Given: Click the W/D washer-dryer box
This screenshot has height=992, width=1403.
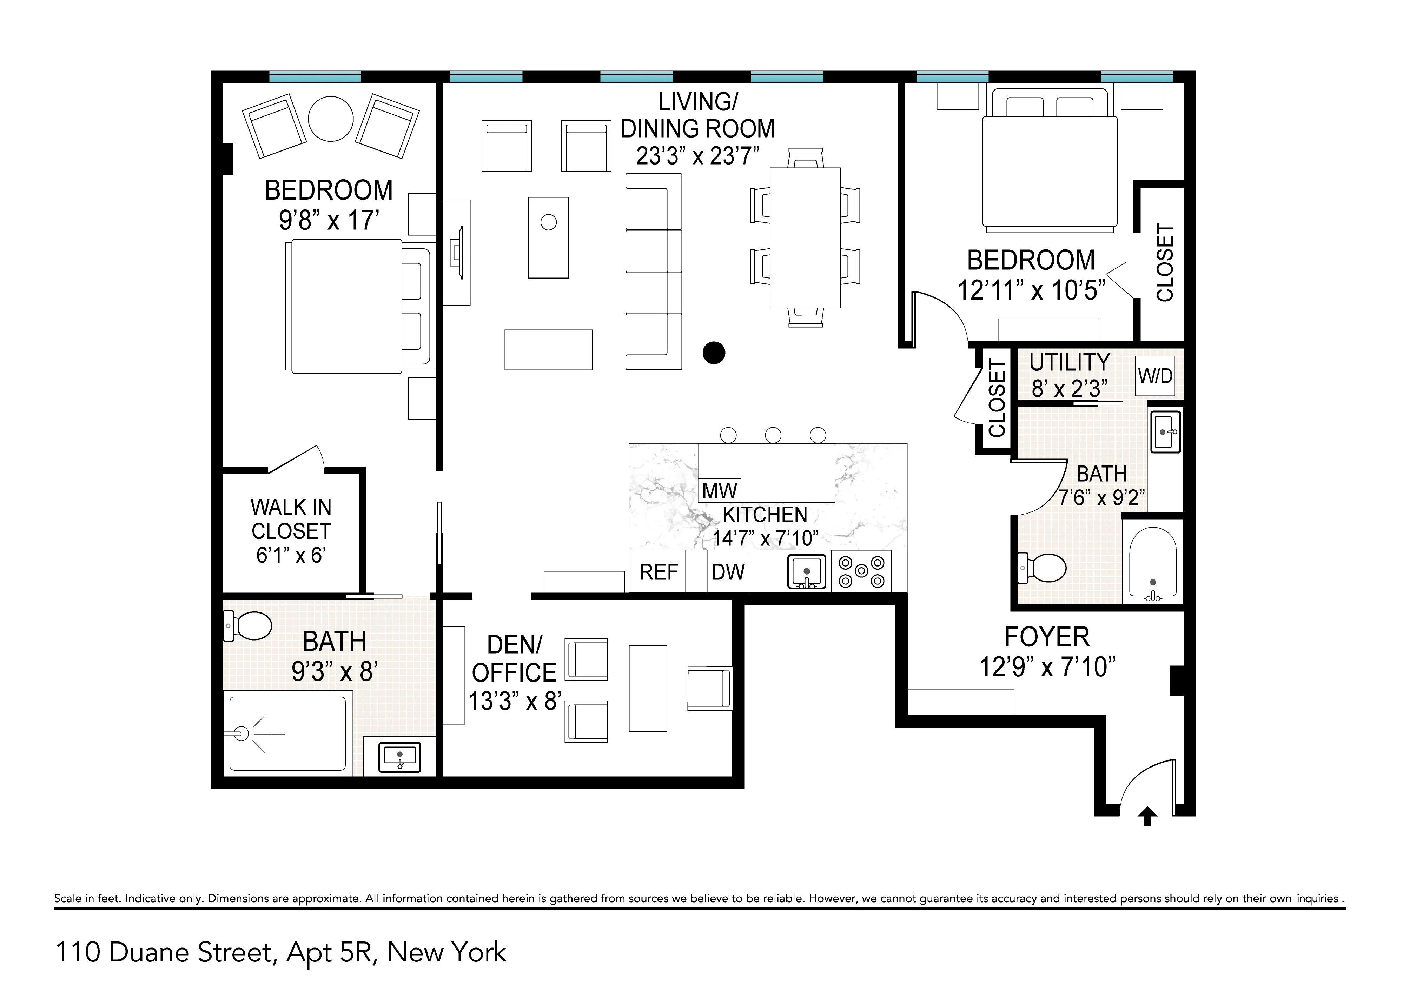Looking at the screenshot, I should pyautogui.click(x=1155, y=376).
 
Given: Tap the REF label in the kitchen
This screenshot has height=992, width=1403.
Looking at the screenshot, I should pyautogui.click(x=658, y=572).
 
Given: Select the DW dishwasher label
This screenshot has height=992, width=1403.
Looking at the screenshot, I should pyautogui.click(x=728, y=572).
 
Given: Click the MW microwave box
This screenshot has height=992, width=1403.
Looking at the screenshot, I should pyautogui.click(x=720, y=490).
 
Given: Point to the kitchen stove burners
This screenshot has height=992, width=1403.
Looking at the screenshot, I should pyautogui.click(x=862, y=571).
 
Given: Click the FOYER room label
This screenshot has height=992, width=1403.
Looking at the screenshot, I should pyautogui.click(x=1047, y=637).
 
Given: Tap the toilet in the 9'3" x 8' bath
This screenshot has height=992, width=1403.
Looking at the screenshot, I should pyautogui.click(x=249, y=625).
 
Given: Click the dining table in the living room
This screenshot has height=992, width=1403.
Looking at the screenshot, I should pyautogui.click(x=805, y=237).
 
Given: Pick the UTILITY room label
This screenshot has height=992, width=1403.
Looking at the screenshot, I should pyautogui.click(x=1069, y=362).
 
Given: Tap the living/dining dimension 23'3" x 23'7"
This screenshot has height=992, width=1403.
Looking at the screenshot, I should pyautogui.click(x=697, y=156).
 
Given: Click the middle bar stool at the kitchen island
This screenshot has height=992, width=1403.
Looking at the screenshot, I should pyautogui.click(x=773, y=435).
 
